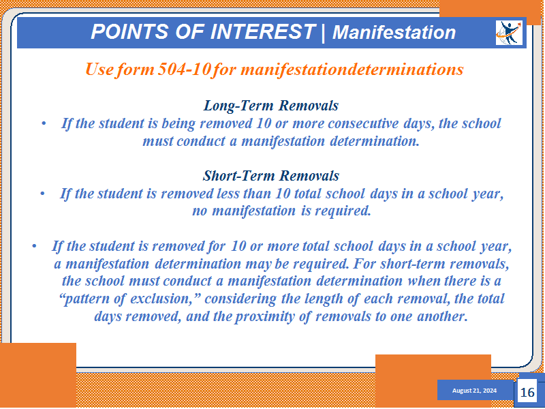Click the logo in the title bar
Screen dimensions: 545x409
509,33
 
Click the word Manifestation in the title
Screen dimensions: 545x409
394,32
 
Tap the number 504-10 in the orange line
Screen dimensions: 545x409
184,69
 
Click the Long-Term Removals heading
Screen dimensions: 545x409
270,106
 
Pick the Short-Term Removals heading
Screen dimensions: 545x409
270,176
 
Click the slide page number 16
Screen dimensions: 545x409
527,393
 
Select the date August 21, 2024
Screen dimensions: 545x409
474,391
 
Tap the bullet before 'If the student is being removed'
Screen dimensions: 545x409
44,124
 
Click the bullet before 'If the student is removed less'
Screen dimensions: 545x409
42,194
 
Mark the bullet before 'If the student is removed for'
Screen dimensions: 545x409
34,246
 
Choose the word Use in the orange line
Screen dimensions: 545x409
99,69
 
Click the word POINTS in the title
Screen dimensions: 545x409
130,31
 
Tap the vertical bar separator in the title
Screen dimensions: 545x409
323,32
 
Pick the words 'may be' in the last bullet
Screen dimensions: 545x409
267,264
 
